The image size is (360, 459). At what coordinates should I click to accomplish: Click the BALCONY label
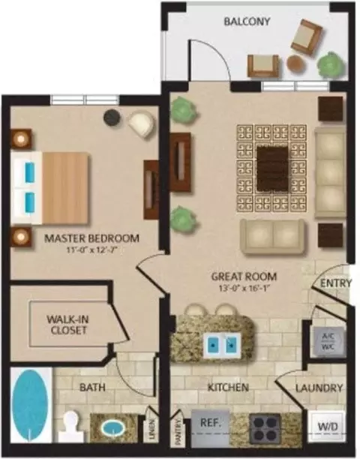click(247, 22)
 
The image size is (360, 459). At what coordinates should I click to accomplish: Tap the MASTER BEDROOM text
click(91, 238)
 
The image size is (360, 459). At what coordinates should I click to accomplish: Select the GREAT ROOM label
click(244, 276)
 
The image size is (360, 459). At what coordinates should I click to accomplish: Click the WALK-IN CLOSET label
click(68, 325)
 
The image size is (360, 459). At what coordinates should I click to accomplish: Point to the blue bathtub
click(30, 406)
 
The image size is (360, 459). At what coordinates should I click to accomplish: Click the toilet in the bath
click(70, 427)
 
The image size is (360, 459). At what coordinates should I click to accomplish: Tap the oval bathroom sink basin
click(113, 428)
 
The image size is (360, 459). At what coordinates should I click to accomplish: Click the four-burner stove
click(265, 427)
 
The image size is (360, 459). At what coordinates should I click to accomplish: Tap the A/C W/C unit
click(328, 341)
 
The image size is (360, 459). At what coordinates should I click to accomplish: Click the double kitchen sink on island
click(223, 346)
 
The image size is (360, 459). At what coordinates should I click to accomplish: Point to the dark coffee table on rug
click(272, 168)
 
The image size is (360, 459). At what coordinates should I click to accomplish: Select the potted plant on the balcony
click(331, 64)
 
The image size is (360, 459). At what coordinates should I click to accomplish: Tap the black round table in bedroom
click(112, 118)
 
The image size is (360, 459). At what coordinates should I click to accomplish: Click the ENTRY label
click(336, 283)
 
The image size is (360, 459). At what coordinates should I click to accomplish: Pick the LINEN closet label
click(151, 429)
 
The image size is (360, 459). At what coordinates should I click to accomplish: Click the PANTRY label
click(178, 432)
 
